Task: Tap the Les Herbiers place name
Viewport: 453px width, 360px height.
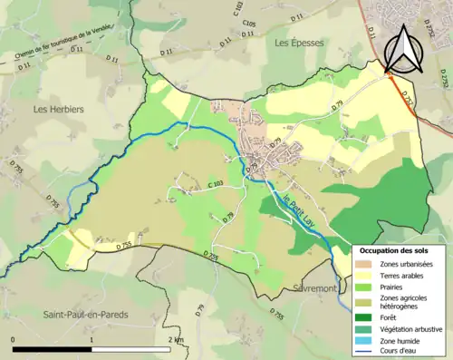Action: click(x=58, y=109)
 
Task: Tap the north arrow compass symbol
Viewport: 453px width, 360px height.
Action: click(x=400, y=50)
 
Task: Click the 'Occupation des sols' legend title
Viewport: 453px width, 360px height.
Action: click(x=395, y=249)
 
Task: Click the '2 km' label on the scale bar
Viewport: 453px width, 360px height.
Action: click(x=175, y=339)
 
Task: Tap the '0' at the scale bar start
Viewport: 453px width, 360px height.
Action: click(x=14, y=339)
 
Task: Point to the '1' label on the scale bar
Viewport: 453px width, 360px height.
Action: click(x=92, y=339)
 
